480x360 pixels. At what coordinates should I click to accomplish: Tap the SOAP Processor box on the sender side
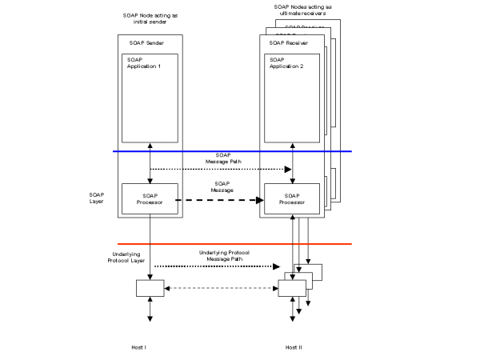tap(148, 199)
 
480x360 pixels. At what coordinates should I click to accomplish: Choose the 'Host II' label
tap(294, 347)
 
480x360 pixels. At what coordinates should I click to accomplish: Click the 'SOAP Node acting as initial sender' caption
tap(148, 18)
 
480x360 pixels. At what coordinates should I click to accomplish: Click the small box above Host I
tap(148, 287)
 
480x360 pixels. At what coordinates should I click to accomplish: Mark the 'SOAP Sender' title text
tap(148, 42)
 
